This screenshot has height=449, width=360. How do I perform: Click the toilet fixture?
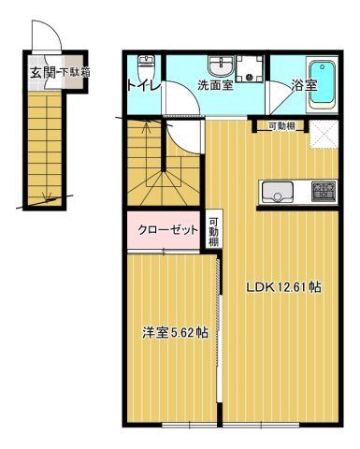[145, 68]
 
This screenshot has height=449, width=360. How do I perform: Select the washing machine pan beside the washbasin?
[250, 68]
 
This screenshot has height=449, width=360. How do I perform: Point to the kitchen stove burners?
[324, 192]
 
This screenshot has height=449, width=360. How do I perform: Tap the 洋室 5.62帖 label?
[175, 333]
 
